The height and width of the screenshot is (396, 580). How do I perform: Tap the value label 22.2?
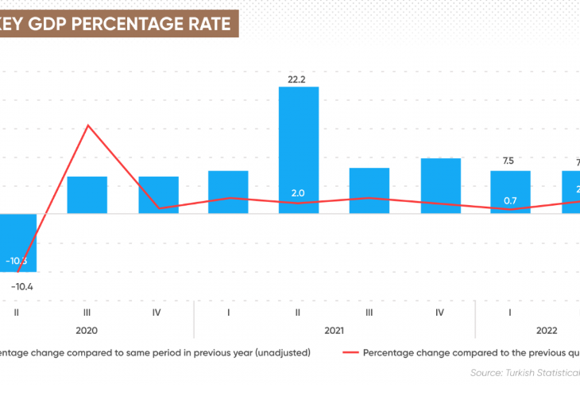coord(298,78)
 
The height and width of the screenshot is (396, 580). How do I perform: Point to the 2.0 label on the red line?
coord(298,192)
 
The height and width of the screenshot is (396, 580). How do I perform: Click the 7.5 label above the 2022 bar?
coord(508,161)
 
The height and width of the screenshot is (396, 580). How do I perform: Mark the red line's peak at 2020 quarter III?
coord(87,126)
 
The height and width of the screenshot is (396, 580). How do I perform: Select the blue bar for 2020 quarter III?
coord(87,195)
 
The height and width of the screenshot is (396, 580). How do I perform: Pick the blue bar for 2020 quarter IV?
coord(158,195)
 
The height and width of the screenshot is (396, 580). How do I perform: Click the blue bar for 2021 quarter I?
coord(228,192)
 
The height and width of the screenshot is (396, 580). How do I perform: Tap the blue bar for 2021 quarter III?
coord(369,190)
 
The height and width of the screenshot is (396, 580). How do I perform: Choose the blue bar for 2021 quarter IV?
coord(440,185)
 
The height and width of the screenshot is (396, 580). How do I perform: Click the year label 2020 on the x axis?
coord(87,330)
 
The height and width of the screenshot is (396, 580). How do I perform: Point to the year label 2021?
coord(334,330)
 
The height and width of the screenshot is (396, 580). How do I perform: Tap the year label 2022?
coord(546,330)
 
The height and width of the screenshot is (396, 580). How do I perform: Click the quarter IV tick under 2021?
coord(439,313)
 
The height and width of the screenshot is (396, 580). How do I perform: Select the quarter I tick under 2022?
coord(510,313)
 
